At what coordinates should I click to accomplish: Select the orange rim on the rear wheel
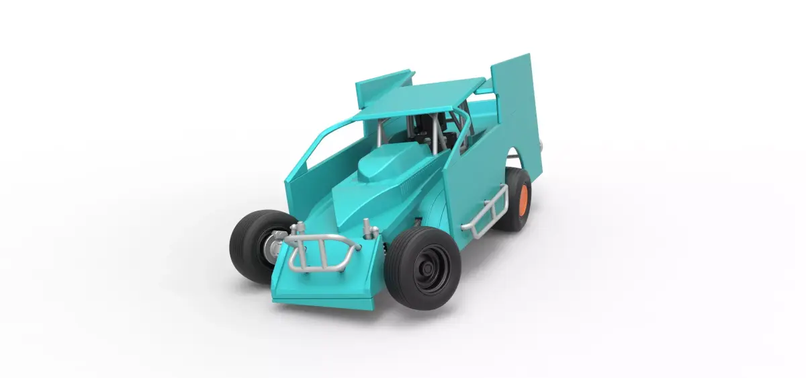[525, 199]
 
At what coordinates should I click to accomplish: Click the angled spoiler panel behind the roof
[383, 84]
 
